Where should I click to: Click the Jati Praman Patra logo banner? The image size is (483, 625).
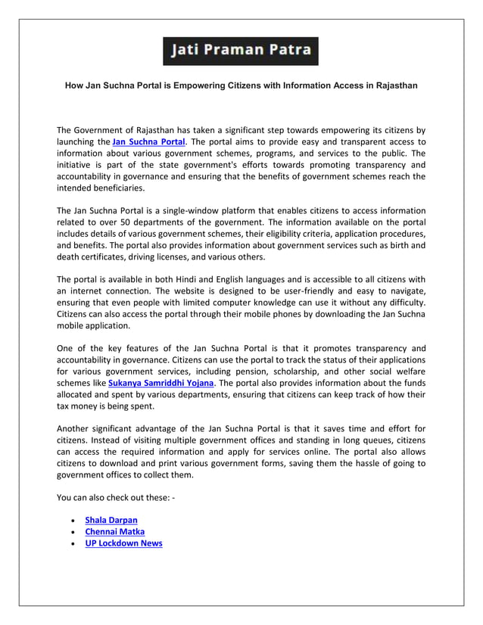(241, 51)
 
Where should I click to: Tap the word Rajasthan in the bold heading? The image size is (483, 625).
(392, 86)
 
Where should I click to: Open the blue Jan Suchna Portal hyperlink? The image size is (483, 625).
(148, 141)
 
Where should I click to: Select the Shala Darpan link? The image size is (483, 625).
(111, 520)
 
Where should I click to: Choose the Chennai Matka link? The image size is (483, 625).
(114, 531)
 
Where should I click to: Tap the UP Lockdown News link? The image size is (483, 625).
(123, 543)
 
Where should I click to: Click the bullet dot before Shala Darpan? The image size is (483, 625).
(71, 521)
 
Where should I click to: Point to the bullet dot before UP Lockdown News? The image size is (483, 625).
(71, 544)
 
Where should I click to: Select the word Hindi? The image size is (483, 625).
(192, 279)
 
